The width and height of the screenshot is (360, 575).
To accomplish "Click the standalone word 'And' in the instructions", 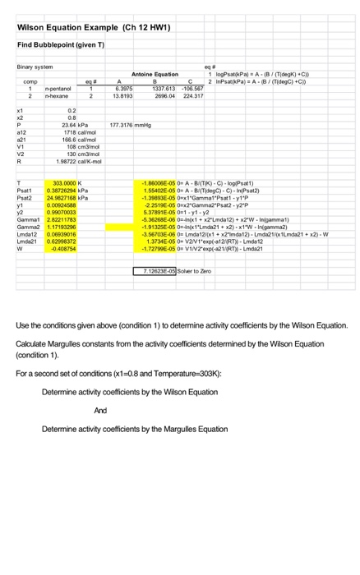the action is pos(101,409).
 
